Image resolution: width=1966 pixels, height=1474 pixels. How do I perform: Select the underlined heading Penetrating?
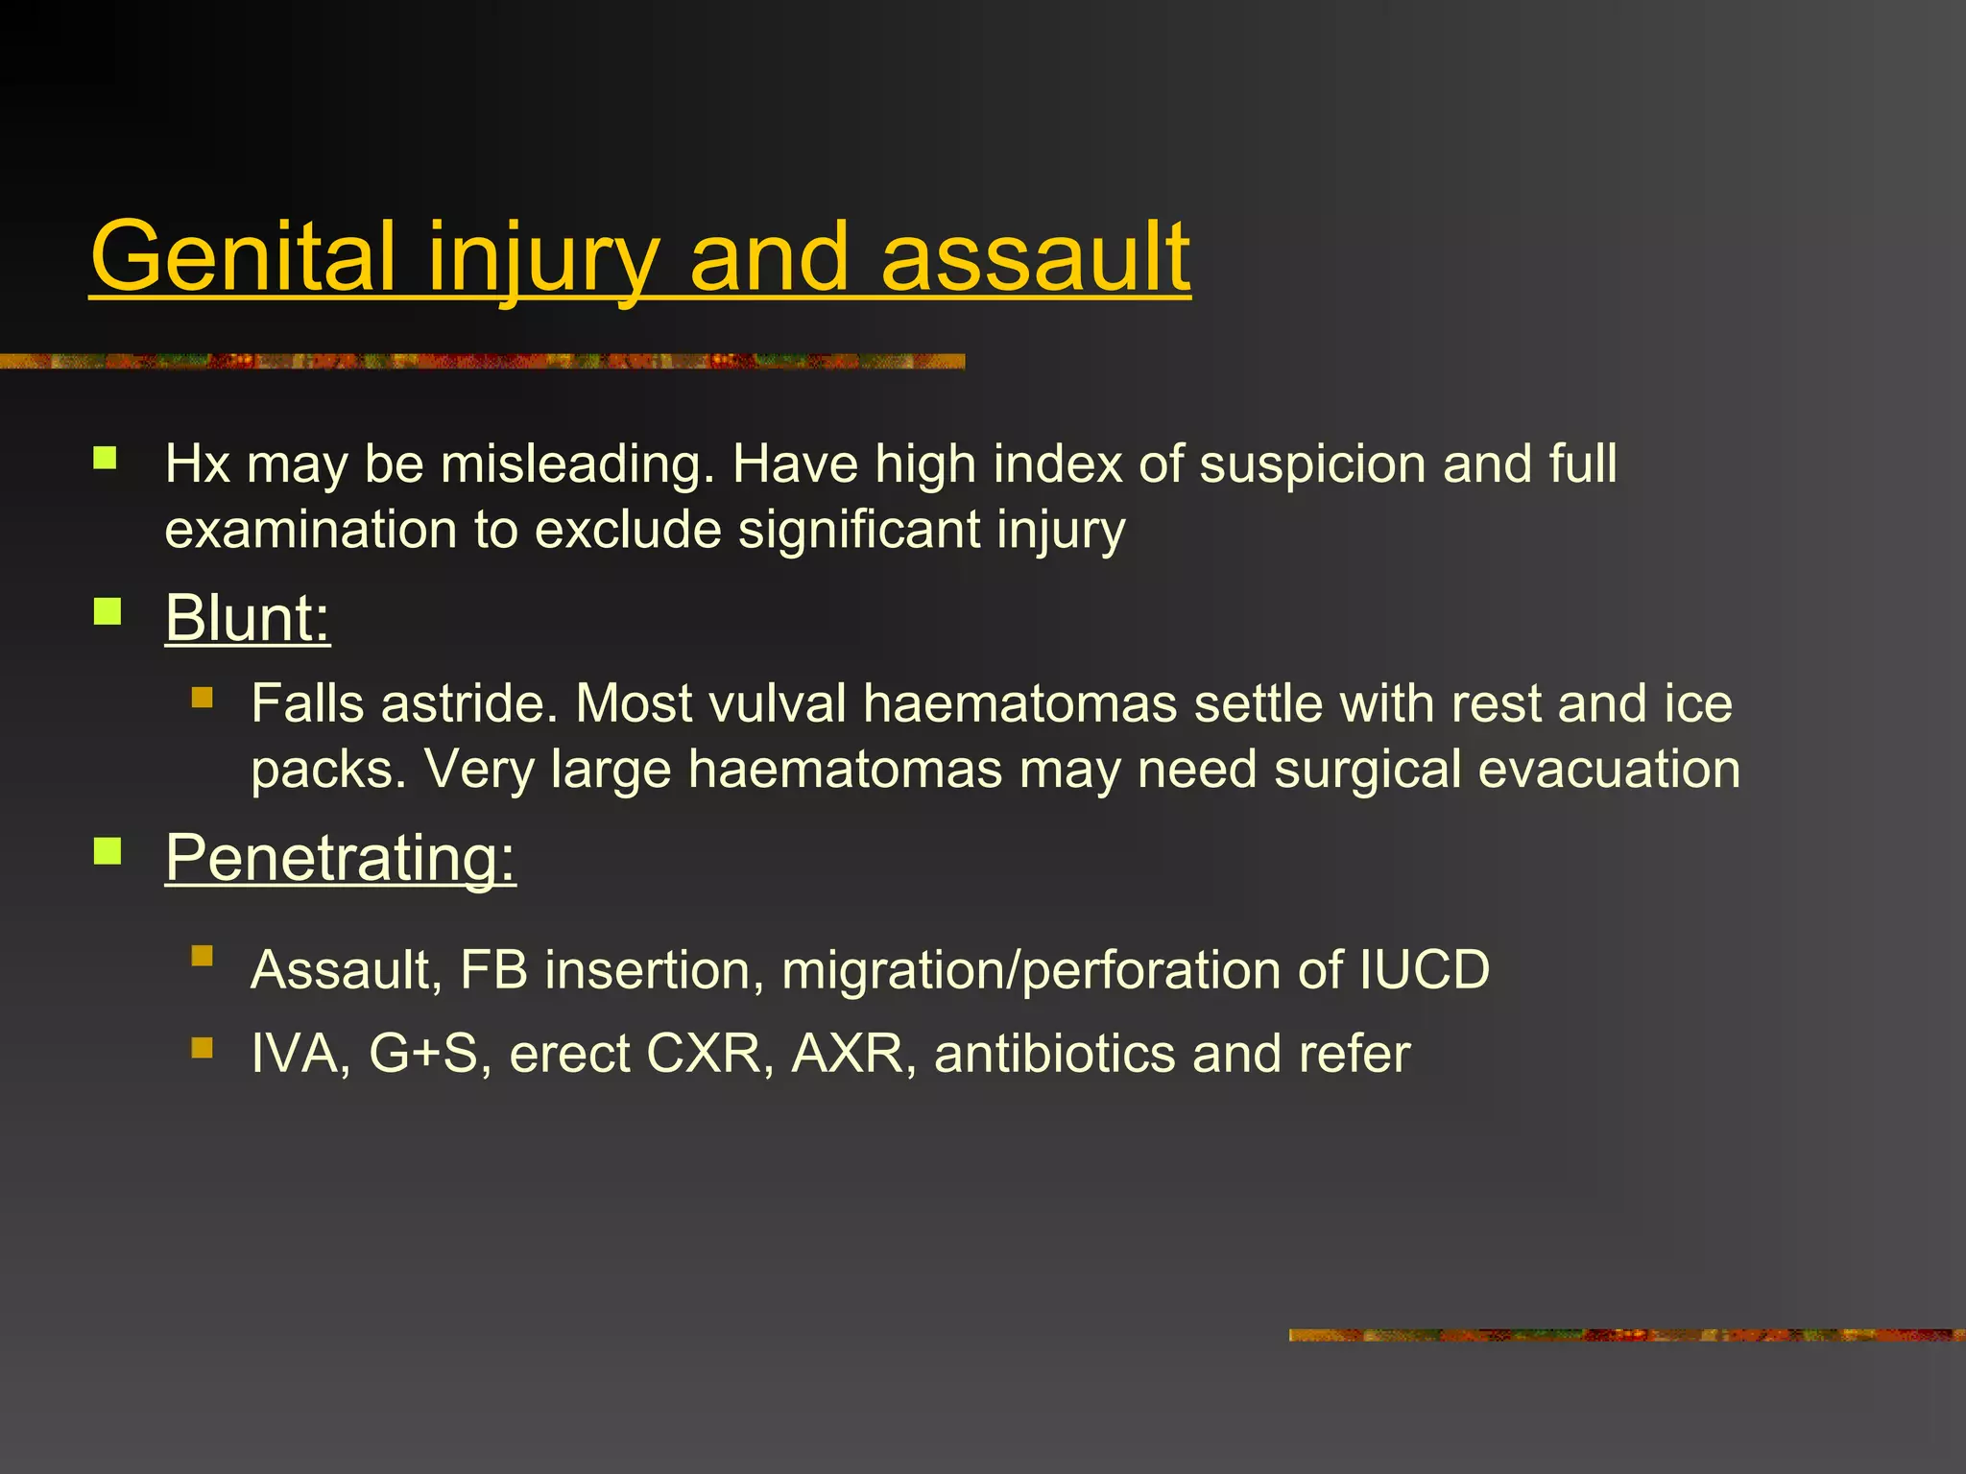point(340,857)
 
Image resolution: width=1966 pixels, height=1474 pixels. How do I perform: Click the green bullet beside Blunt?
point(108,611)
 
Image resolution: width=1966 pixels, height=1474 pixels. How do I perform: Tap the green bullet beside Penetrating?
point(108,851)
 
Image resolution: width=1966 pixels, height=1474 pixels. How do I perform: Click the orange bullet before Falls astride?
point(202,697)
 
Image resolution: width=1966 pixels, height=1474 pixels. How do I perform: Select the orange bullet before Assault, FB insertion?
point(202,955)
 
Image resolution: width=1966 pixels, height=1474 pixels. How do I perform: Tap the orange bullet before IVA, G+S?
point(202,1047)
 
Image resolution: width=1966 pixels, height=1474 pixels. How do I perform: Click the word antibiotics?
point(1055,1054)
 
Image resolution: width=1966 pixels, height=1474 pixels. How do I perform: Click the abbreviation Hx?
point(197,464)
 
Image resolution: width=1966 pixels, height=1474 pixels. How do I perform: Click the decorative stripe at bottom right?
point(1626,1335)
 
